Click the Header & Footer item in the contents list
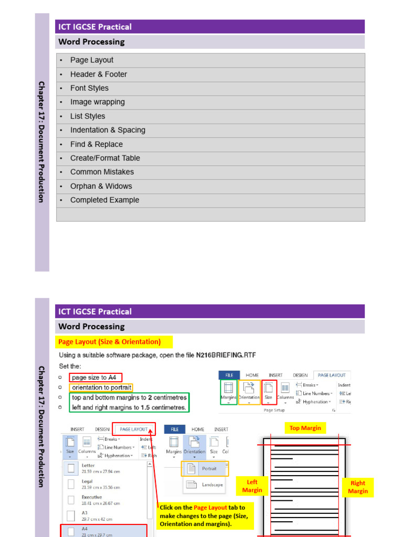pos(99,74)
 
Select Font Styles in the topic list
pos(89,88)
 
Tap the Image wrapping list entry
pos(98,102)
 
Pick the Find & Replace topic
pos(97,144)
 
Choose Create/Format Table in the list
pos(105,158)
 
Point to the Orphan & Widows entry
pos(101,186)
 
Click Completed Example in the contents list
pos(105,200)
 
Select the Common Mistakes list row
pos(102,172)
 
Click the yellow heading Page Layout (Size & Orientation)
pos(109,342)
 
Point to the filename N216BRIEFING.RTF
pos(227,355)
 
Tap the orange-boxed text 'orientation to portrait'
pos(102,388)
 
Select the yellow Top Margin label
pos(305,428)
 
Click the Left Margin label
pos(252,486)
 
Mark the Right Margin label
pos(358,487)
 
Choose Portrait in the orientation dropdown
pos(209,468)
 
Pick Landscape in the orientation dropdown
pos(212,485)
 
